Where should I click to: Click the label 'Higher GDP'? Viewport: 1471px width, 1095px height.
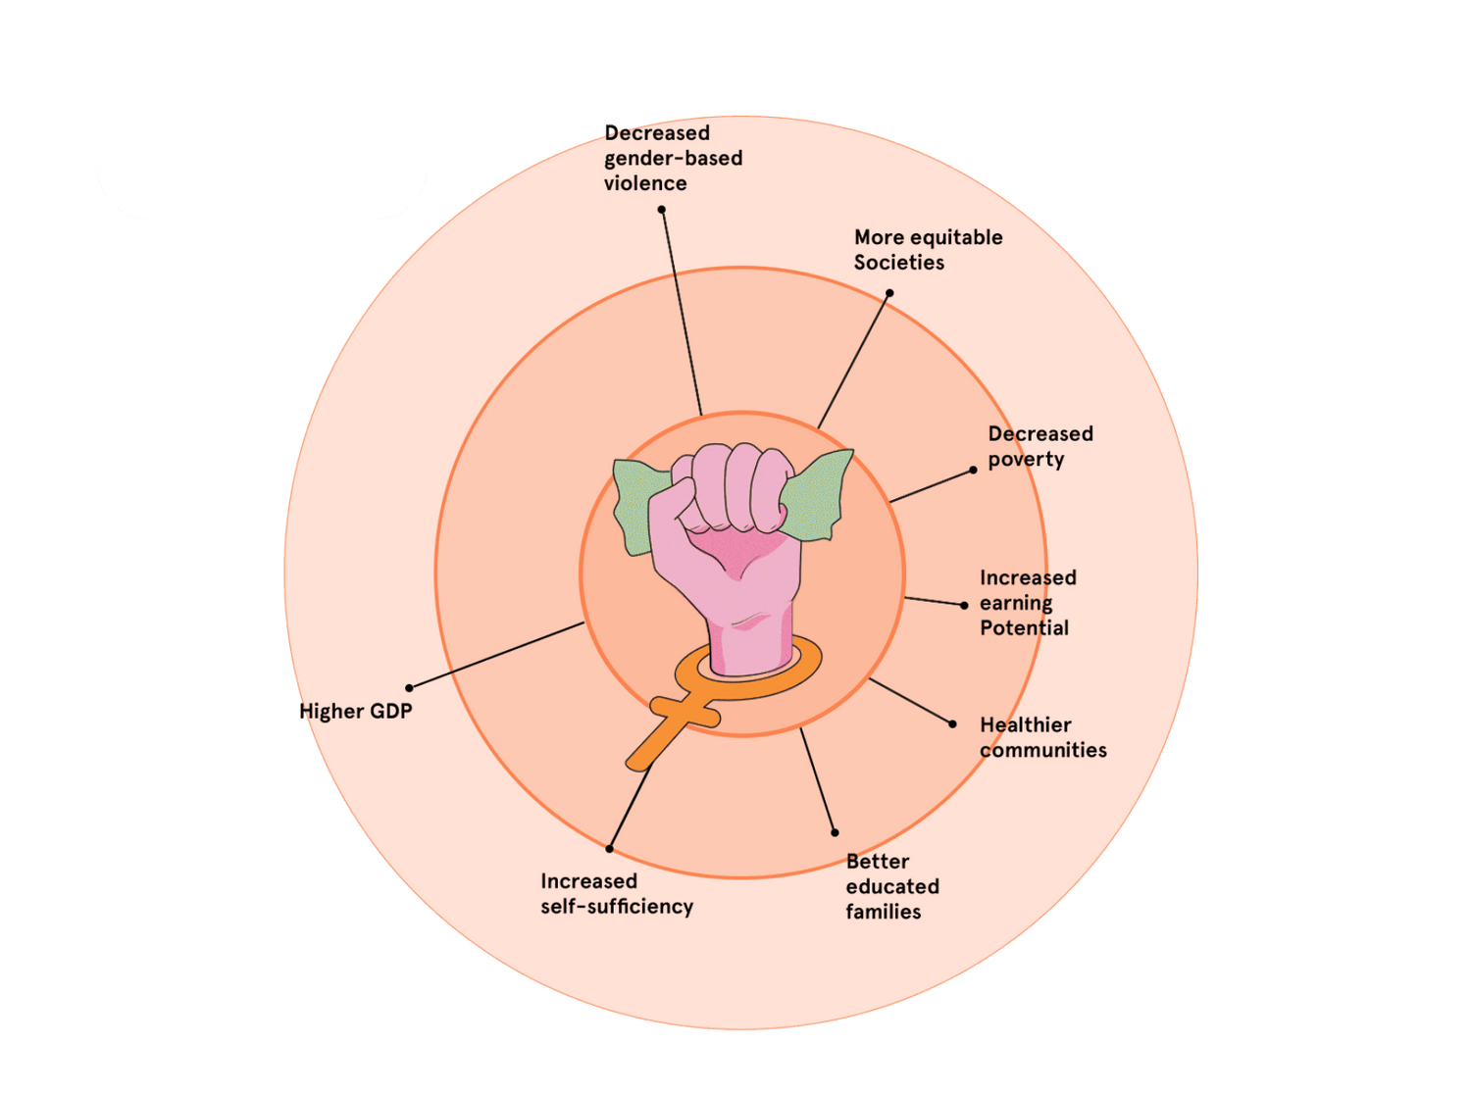(355, 712)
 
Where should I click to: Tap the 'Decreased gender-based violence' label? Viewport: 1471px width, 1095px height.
(673, 158)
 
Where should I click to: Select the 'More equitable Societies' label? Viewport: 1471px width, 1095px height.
(928, 250)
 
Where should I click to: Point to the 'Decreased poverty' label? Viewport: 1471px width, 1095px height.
(1040, 446)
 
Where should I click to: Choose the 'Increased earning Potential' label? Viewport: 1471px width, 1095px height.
(1028, 603)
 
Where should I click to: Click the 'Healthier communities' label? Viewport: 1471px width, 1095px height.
(1042, 737)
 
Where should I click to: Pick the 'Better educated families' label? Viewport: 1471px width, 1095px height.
(891, 886)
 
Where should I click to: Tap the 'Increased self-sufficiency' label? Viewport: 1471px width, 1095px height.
(616, 894)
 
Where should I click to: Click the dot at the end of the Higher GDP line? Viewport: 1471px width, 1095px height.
(409, 688)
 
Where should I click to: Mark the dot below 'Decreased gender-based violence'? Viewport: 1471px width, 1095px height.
(662, 210)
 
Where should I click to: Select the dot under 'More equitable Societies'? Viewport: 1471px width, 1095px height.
(889, 293)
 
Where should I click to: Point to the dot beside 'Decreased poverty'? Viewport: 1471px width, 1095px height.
(973, 470)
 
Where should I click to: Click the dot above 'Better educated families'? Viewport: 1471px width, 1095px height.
(835, 833)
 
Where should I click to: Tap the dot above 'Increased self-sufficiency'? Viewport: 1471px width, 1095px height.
(609, 849)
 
